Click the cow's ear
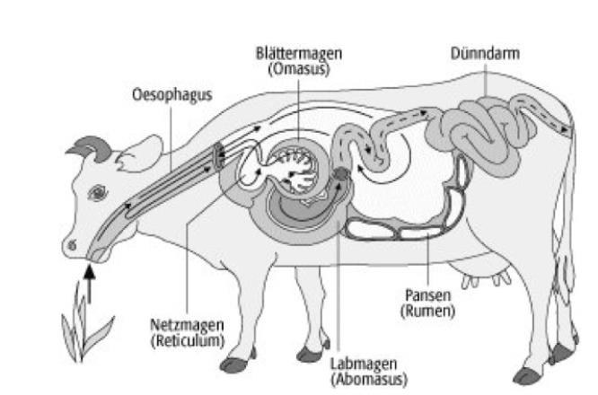(x=134, y=162)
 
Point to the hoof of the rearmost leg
(x=529, y=373)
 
